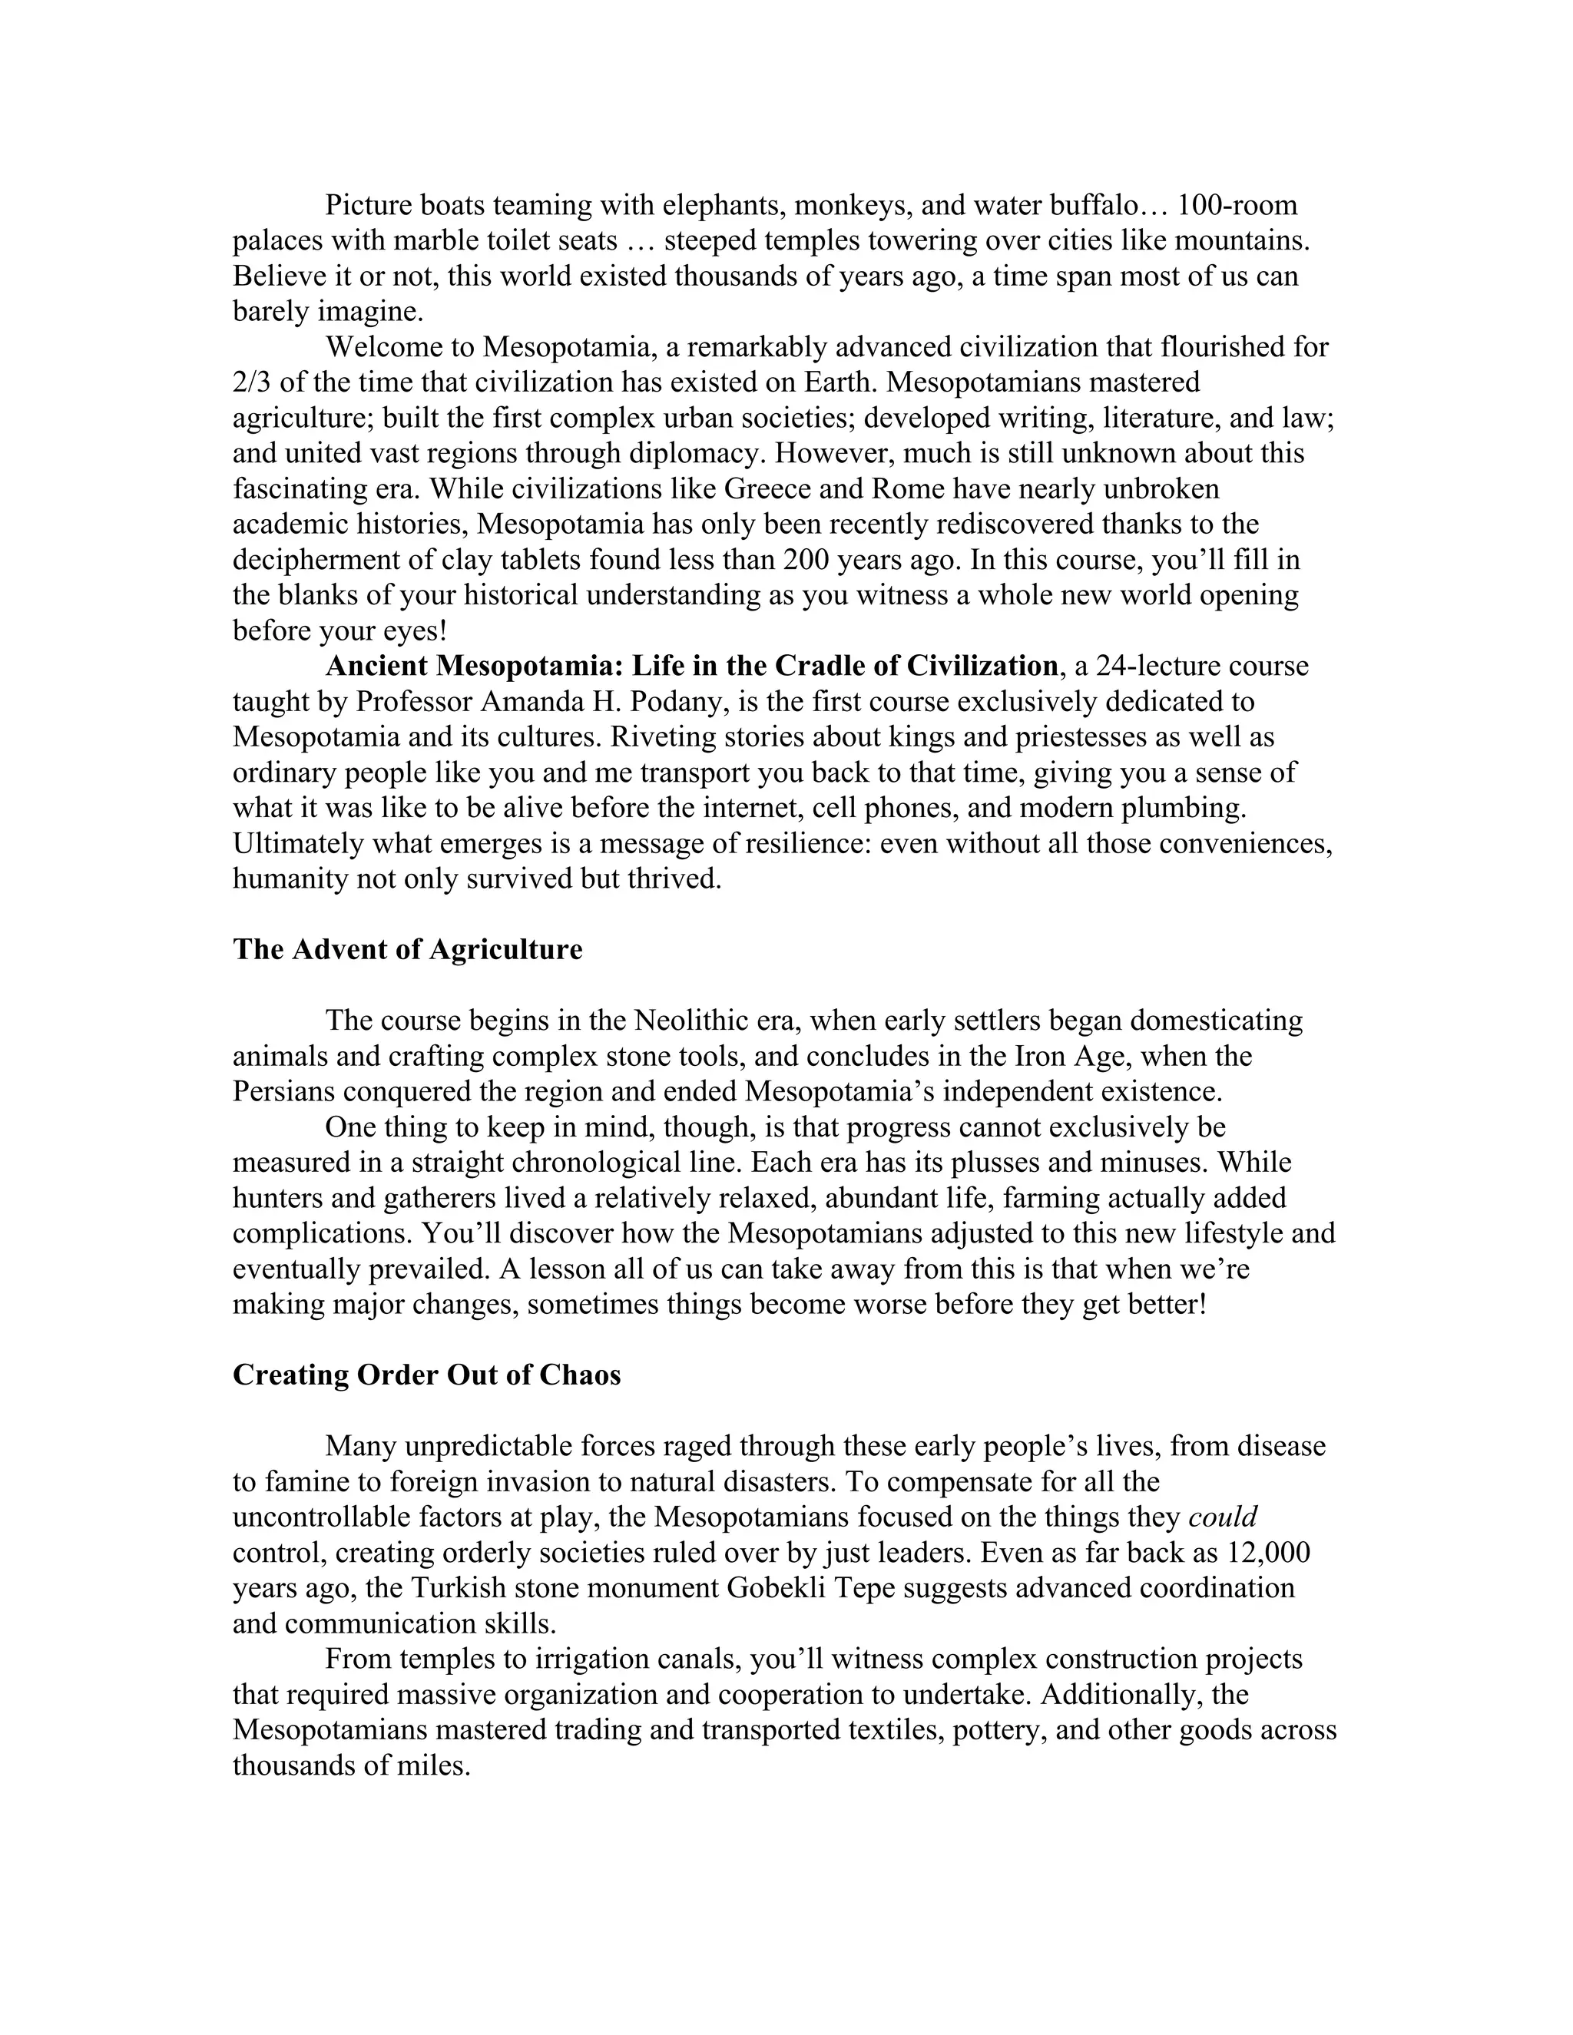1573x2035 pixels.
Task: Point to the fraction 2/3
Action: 253,383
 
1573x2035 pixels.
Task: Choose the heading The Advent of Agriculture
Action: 407,949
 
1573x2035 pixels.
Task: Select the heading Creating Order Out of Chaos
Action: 426,1375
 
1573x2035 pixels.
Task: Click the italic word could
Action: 1223,1518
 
